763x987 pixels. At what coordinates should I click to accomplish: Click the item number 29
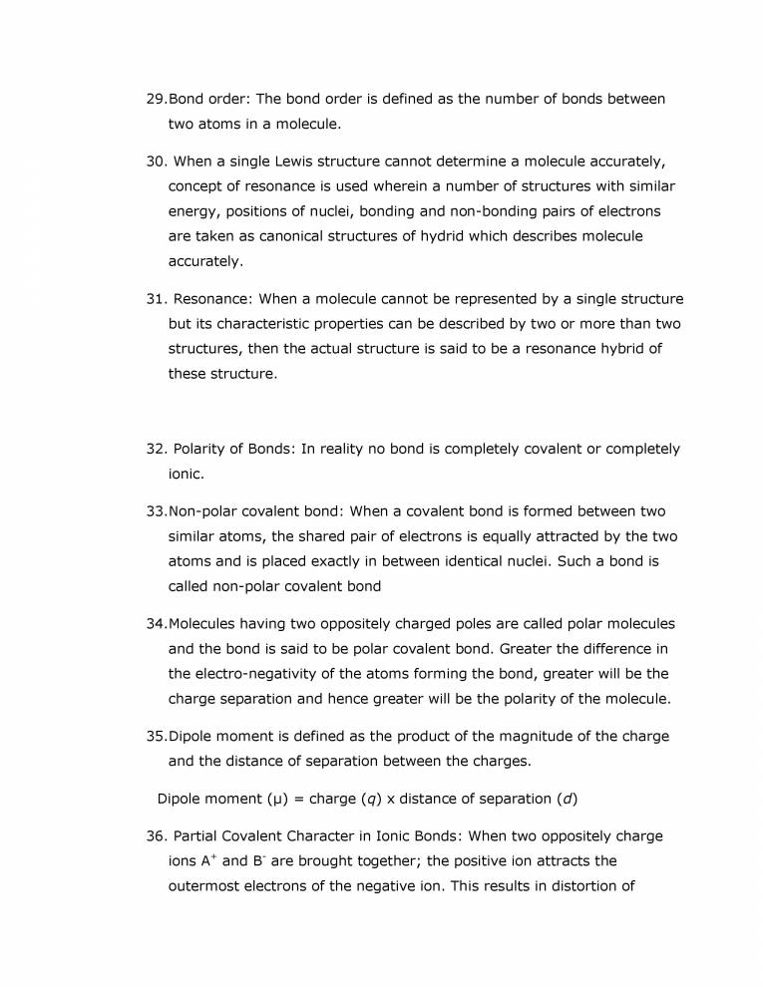click(156, 100)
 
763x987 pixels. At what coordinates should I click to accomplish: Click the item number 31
click(156, 298)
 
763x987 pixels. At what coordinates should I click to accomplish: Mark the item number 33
click(156, 511)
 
